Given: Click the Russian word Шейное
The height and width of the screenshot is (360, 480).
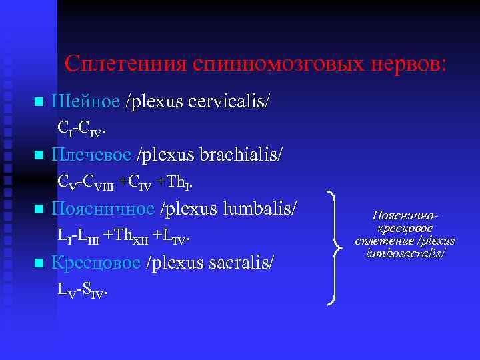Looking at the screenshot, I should tap(85, 102).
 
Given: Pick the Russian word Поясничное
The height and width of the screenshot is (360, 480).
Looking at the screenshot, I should tap(103, 209).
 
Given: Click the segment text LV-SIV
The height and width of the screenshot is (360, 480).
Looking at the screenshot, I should tap(82, 288).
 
